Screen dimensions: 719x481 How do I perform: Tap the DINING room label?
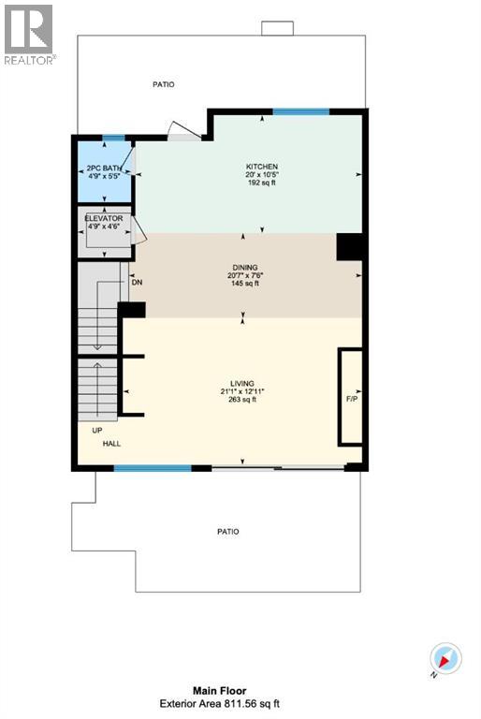tap(243, 267)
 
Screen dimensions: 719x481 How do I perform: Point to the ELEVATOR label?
tap(103, 218)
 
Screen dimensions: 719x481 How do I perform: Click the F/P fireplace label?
tap(352, 399)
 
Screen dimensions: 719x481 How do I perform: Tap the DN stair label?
tap(137, 282)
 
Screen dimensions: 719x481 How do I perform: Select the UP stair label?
tap(97, 431)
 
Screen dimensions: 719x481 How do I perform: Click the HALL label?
tap(111, 444)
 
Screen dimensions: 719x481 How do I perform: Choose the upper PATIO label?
tap(164, 84)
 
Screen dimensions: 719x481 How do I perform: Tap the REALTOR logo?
tap(29, 32)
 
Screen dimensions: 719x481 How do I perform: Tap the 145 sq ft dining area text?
tap(243, 284)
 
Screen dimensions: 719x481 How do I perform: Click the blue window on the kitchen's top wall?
tap(301, 111)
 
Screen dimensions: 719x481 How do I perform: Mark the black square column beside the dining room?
tap(348, 247)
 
